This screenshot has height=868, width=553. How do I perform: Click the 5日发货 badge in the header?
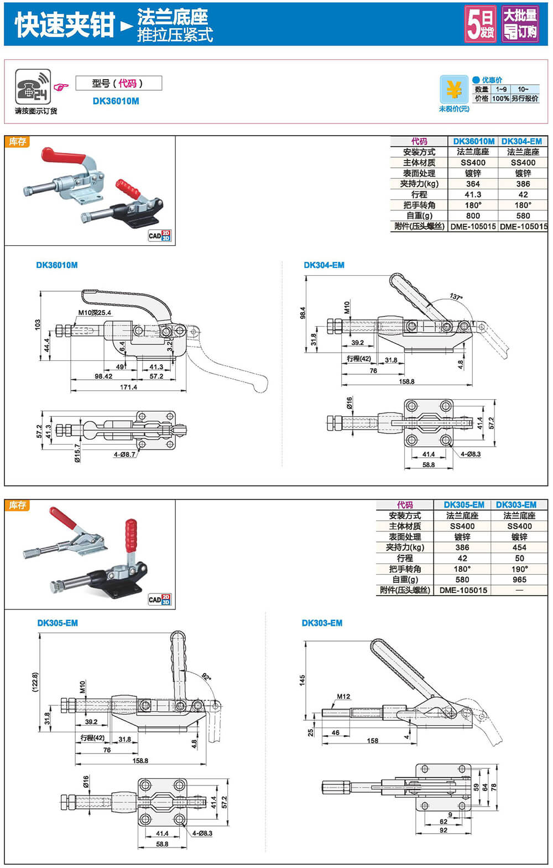[480, 24]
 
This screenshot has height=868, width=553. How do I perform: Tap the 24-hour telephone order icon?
[33, 86]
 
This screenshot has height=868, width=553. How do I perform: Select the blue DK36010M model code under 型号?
[116, 101]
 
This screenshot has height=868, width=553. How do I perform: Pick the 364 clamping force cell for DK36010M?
[473, 184]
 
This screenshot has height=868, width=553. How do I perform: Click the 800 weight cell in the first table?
[473, 216]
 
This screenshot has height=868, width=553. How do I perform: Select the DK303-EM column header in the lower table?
[516, 505]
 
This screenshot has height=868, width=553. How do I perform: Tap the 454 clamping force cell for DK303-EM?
[519, 547]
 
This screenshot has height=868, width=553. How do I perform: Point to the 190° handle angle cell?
[519, 569]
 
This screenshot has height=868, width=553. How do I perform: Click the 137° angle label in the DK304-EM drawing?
[455, 297]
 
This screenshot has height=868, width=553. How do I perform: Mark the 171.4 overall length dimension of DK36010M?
[128, 387]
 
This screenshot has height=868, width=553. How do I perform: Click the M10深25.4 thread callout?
[94, 313]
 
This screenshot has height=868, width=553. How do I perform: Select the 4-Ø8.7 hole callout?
[124, 454]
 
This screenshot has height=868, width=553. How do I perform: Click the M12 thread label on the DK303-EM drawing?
[343, 696]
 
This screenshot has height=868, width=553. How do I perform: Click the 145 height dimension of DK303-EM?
[302, 680]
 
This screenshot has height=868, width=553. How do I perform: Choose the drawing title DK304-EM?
[324, 265]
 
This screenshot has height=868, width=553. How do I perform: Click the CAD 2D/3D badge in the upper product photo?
[159, 236]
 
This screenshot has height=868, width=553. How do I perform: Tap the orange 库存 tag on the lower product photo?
[18, 505]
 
